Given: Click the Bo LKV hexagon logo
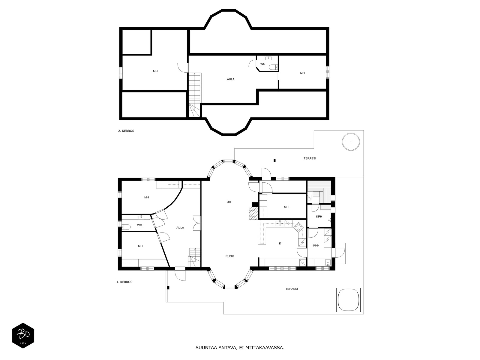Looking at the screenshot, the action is coord(23,335).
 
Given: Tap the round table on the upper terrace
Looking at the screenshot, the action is coord(351,142).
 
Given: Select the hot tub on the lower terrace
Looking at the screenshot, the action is coord(348,300).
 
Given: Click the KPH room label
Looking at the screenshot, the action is coord(319,217).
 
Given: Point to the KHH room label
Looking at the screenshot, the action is coord(316,245).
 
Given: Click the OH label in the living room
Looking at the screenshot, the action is coord(229,202).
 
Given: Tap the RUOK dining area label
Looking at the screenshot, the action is coord(229,256).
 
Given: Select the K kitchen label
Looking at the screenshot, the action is coord(280,244).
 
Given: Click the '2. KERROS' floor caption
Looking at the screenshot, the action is coord(126,131).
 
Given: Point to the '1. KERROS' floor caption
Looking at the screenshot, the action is coord(124,282).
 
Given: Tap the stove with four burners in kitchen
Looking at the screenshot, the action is coord(298,227).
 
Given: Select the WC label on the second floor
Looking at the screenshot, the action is coord(262,64).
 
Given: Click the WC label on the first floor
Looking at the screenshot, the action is coord(139,225).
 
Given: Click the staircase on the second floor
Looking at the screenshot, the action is coord(194,95).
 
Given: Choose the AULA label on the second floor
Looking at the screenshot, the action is coord(231,79).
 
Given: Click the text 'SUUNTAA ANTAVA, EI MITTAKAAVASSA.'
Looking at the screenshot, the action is coord(240,348).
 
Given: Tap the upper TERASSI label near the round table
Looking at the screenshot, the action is coord(310,158).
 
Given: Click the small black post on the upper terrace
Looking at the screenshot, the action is coord(275,160).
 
